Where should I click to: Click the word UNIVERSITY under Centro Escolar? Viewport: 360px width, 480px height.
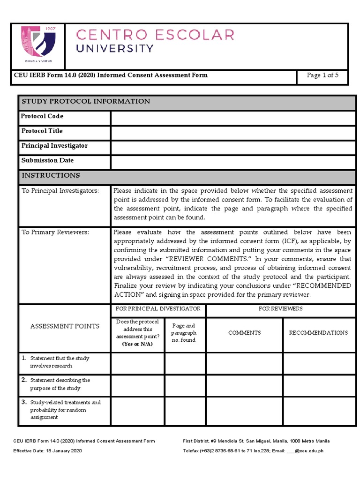tap(115, 49)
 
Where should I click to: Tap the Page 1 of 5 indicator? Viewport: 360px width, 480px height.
tap(322, 75)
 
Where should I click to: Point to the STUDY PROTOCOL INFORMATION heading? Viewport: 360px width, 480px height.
tap(85, 102)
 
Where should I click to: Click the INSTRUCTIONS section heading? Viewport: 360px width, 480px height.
tap(51, 176)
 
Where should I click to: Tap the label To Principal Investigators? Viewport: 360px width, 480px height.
tap(60, 191)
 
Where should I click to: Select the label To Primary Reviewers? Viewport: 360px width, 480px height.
tap(55, 232)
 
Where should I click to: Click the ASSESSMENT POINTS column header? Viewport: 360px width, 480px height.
tap(65, 326)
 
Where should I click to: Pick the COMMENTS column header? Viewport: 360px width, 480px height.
tap(244, 333)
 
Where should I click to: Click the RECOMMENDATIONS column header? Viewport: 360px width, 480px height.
tap(318, 333)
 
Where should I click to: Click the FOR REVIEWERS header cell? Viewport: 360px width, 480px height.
tap(280, 309)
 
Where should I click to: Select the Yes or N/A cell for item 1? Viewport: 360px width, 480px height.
tap(138, 363)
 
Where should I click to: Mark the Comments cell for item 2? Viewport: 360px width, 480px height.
tap(244, 385)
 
